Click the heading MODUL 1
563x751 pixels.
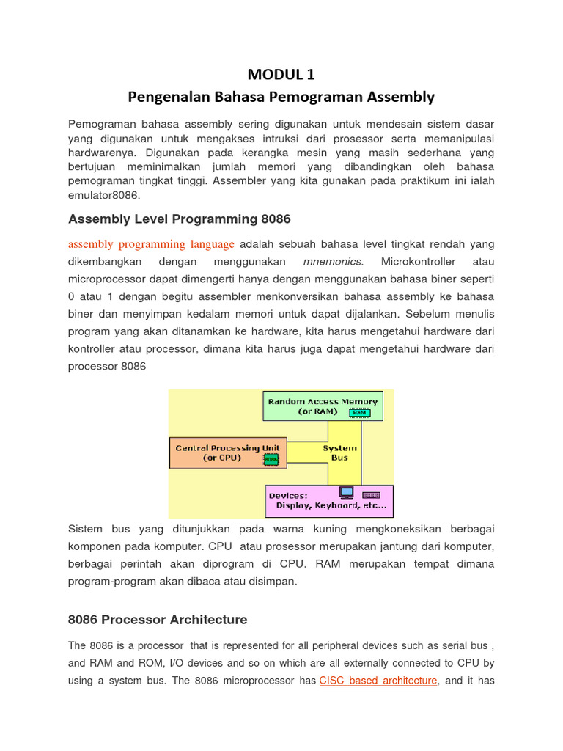click(281, 74)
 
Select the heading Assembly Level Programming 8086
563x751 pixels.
click(179, 219)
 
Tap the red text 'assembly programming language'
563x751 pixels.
click(151, 244)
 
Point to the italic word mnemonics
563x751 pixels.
click(332, 262)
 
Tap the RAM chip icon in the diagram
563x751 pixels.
click(359, 413)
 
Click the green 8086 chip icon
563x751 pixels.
click(271, 459)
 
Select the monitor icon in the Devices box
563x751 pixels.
click(346, 492)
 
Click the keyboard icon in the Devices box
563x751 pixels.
click(372, 494)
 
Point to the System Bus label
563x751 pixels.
click(339, 453)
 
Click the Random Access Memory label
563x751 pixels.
click(323, 401)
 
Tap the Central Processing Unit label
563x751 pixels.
click(227, 447)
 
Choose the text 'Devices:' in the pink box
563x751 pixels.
click(288, 496)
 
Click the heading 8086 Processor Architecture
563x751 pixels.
click(158, 620)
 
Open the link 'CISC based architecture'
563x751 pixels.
click(378, 681)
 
